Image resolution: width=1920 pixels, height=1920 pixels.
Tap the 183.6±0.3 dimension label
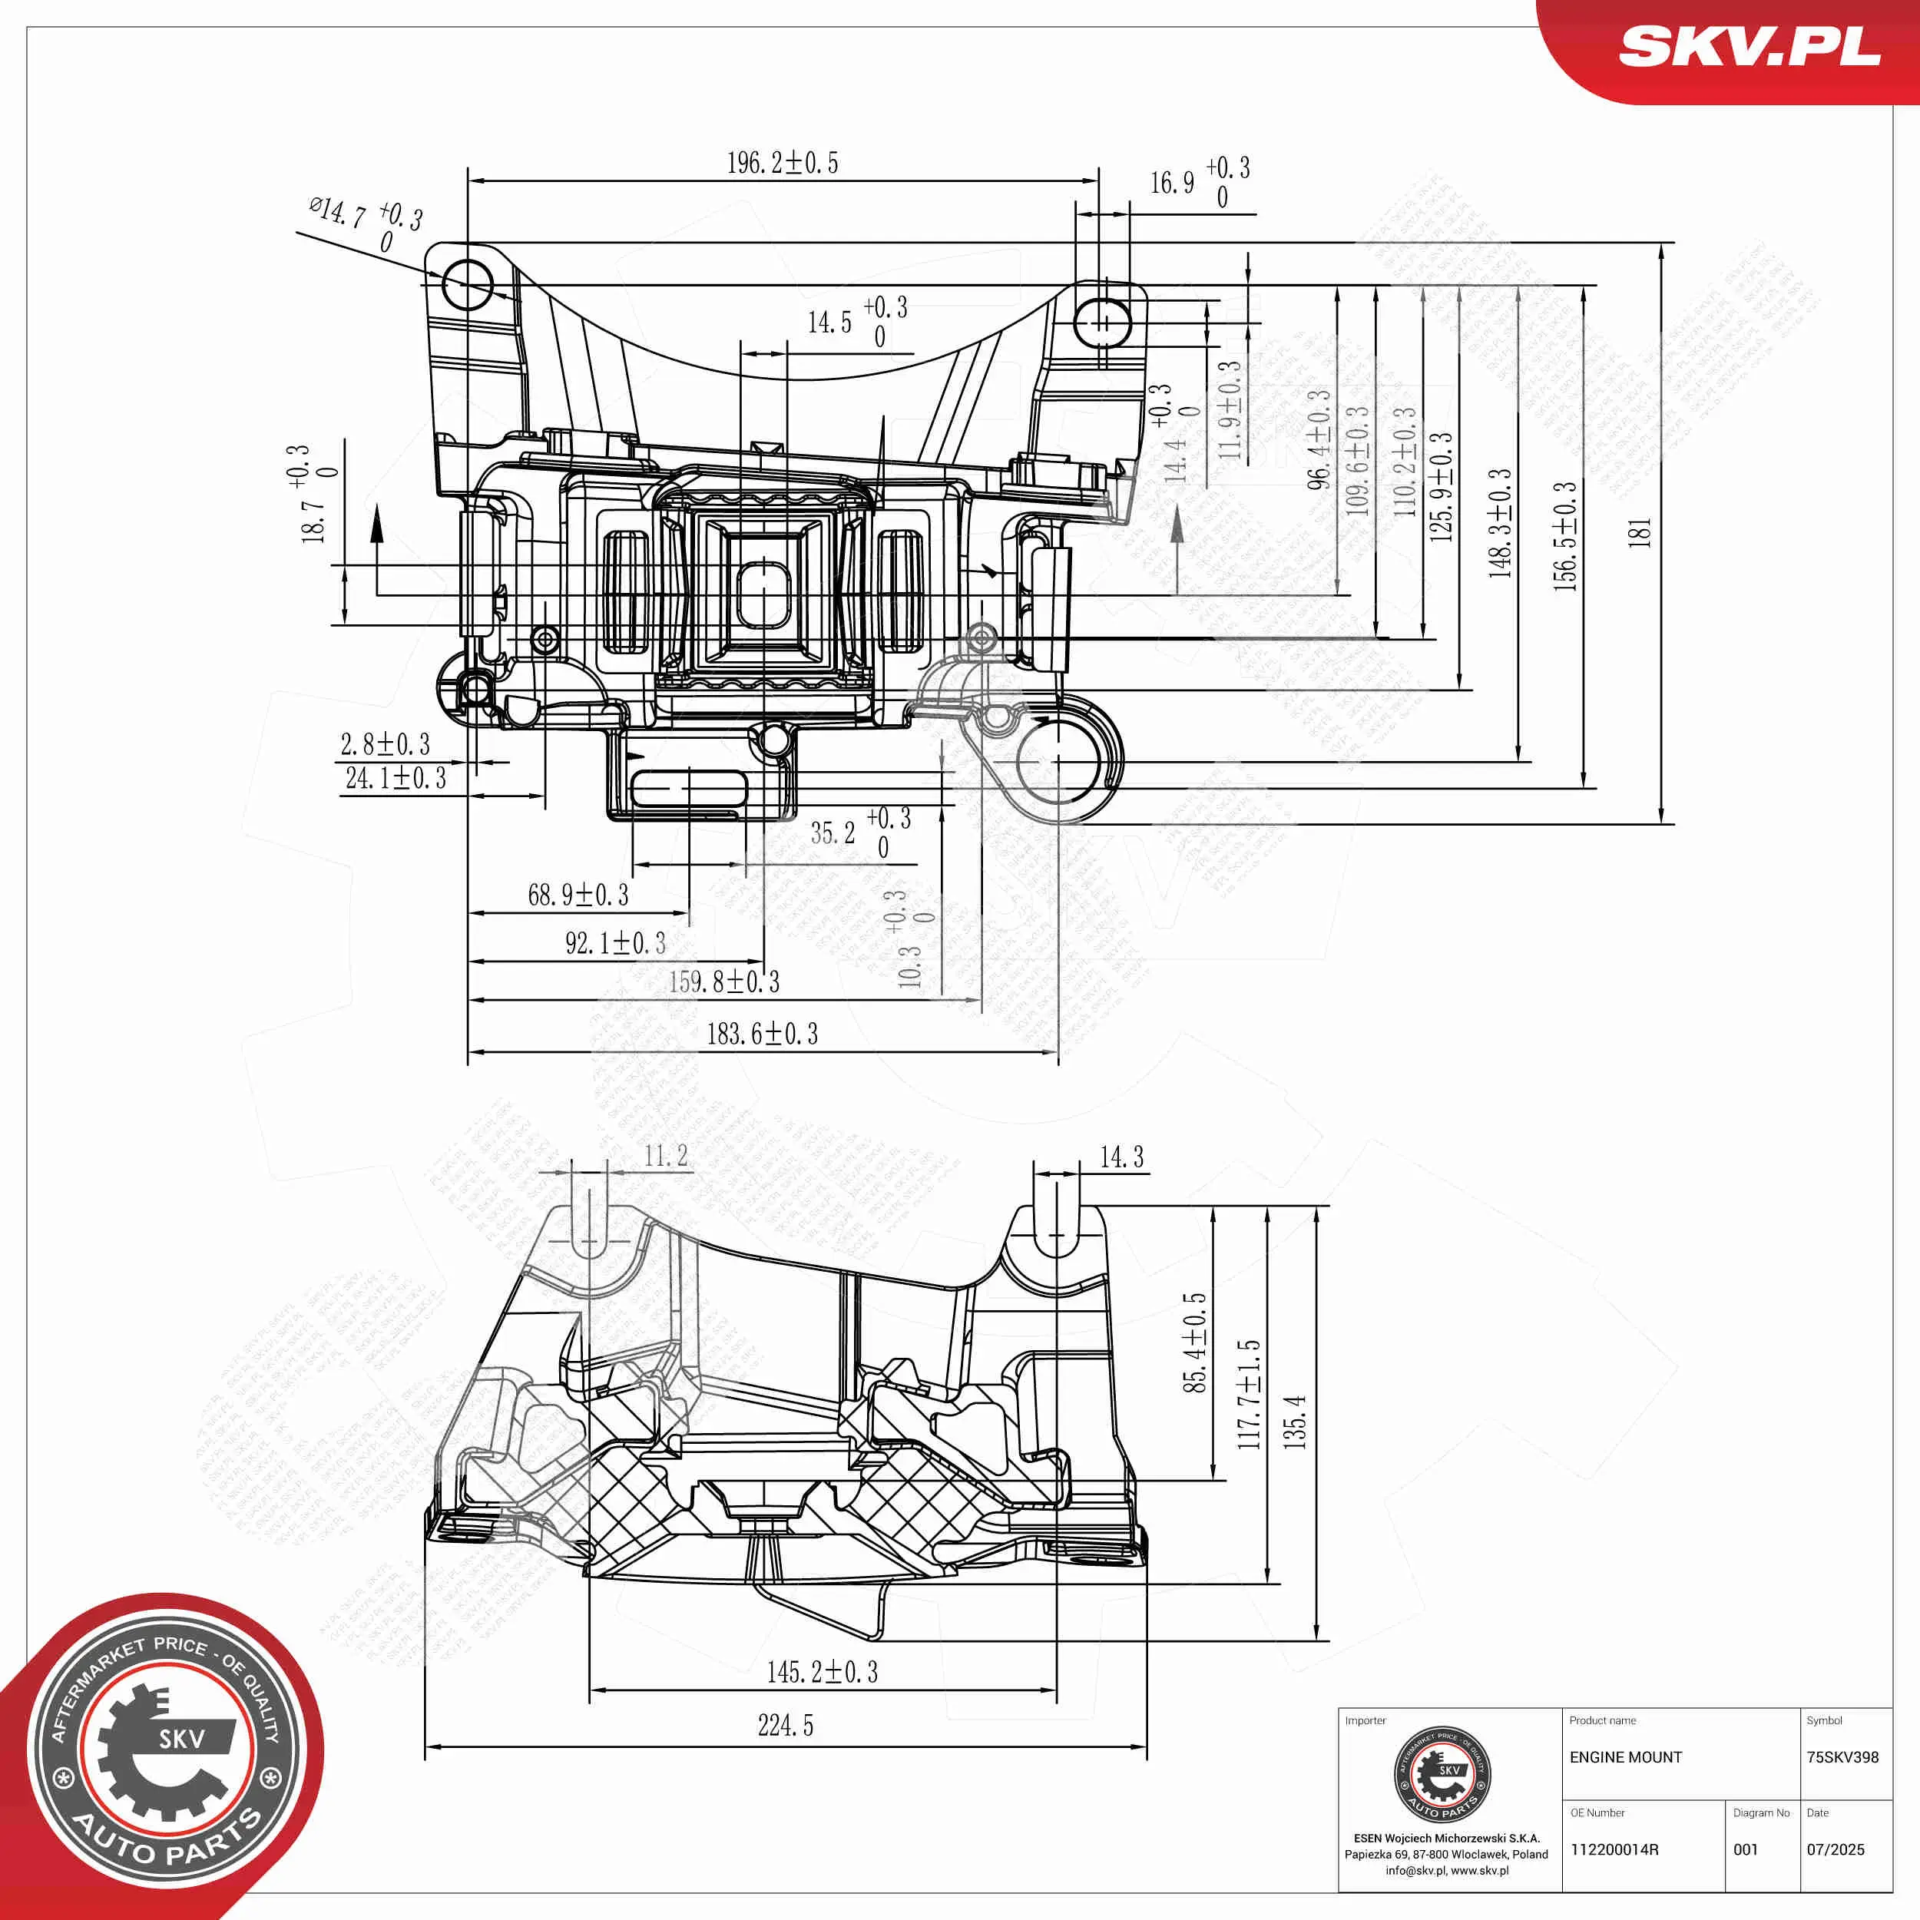[762, 1034]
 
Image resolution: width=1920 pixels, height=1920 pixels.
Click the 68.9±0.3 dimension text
[578, 895]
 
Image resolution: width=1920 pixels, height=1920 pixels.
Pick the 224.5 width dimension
[785, 1725]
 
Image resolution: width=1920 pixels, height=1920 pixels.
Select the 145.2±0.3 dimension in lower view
[822, 1672]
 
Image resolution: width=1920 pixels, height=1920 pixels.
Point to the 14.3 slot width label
[1121, 1157]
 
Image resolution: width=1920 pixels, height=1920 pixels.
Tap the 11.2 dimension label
[665, 1156]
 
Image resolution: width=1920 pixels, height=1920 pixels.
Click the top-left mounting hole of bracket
[467, 285]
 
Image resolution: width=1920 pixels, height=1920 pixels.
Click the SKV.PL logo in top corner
[1749, 47]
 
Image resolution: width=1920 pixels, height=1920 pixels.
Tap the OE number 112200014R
[1614, 1849]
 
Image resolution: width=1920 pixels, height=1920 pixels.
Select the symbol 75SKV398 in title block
[1842, 1757]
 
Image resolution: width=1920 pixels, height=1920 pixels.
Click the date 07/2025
[1836, 1849]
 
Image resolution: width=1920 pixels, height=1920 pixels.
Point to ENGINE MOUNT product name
[1626, 1757]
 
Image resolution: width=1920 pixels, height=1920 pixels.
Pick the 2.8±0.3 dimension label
[386, 744]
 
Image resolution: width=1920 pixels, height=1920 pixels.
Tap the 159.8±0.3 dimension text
[724, 982]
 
